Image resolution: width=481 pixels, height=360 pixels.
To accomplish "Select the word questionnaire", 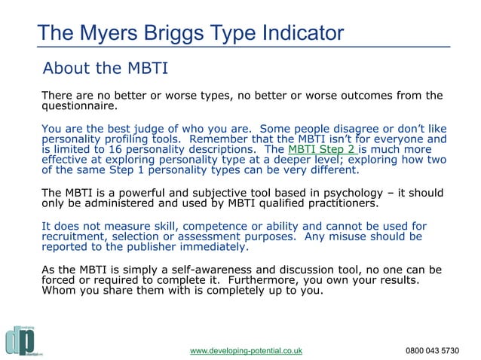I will click(x=78, y=106).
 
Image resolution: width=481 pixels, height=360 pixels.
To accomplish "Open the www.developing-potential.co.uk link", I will click(x=246, y=350).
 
